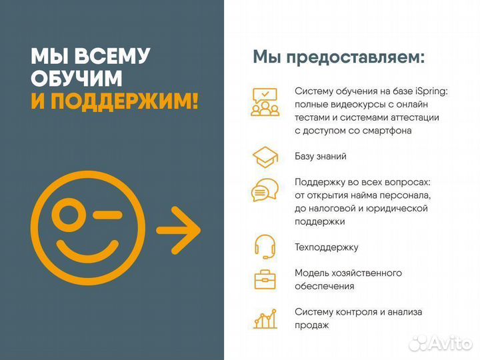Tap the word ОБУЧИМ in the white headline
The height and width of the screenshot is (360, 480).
[77, 78]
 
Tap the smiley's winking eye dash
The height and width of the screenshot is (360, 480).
[107, 215]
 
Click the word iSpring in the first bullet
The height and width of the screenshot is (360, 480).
[431, 91]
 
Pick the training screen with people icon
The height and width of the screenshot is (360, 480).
[265, 102]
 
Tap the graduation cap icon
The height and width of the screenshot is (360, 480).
[265, 157]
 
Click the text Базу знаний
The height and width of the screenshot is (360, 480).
[321, 157]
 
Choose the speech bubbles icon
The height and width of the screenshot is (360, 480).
[265, 189]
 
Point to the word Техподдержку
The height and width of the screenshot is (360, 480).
[327, 247]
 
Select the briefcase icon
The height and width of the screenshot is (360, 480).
[265, 279]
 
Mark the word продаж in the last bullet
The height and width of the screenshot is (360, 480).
[312, 325]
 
